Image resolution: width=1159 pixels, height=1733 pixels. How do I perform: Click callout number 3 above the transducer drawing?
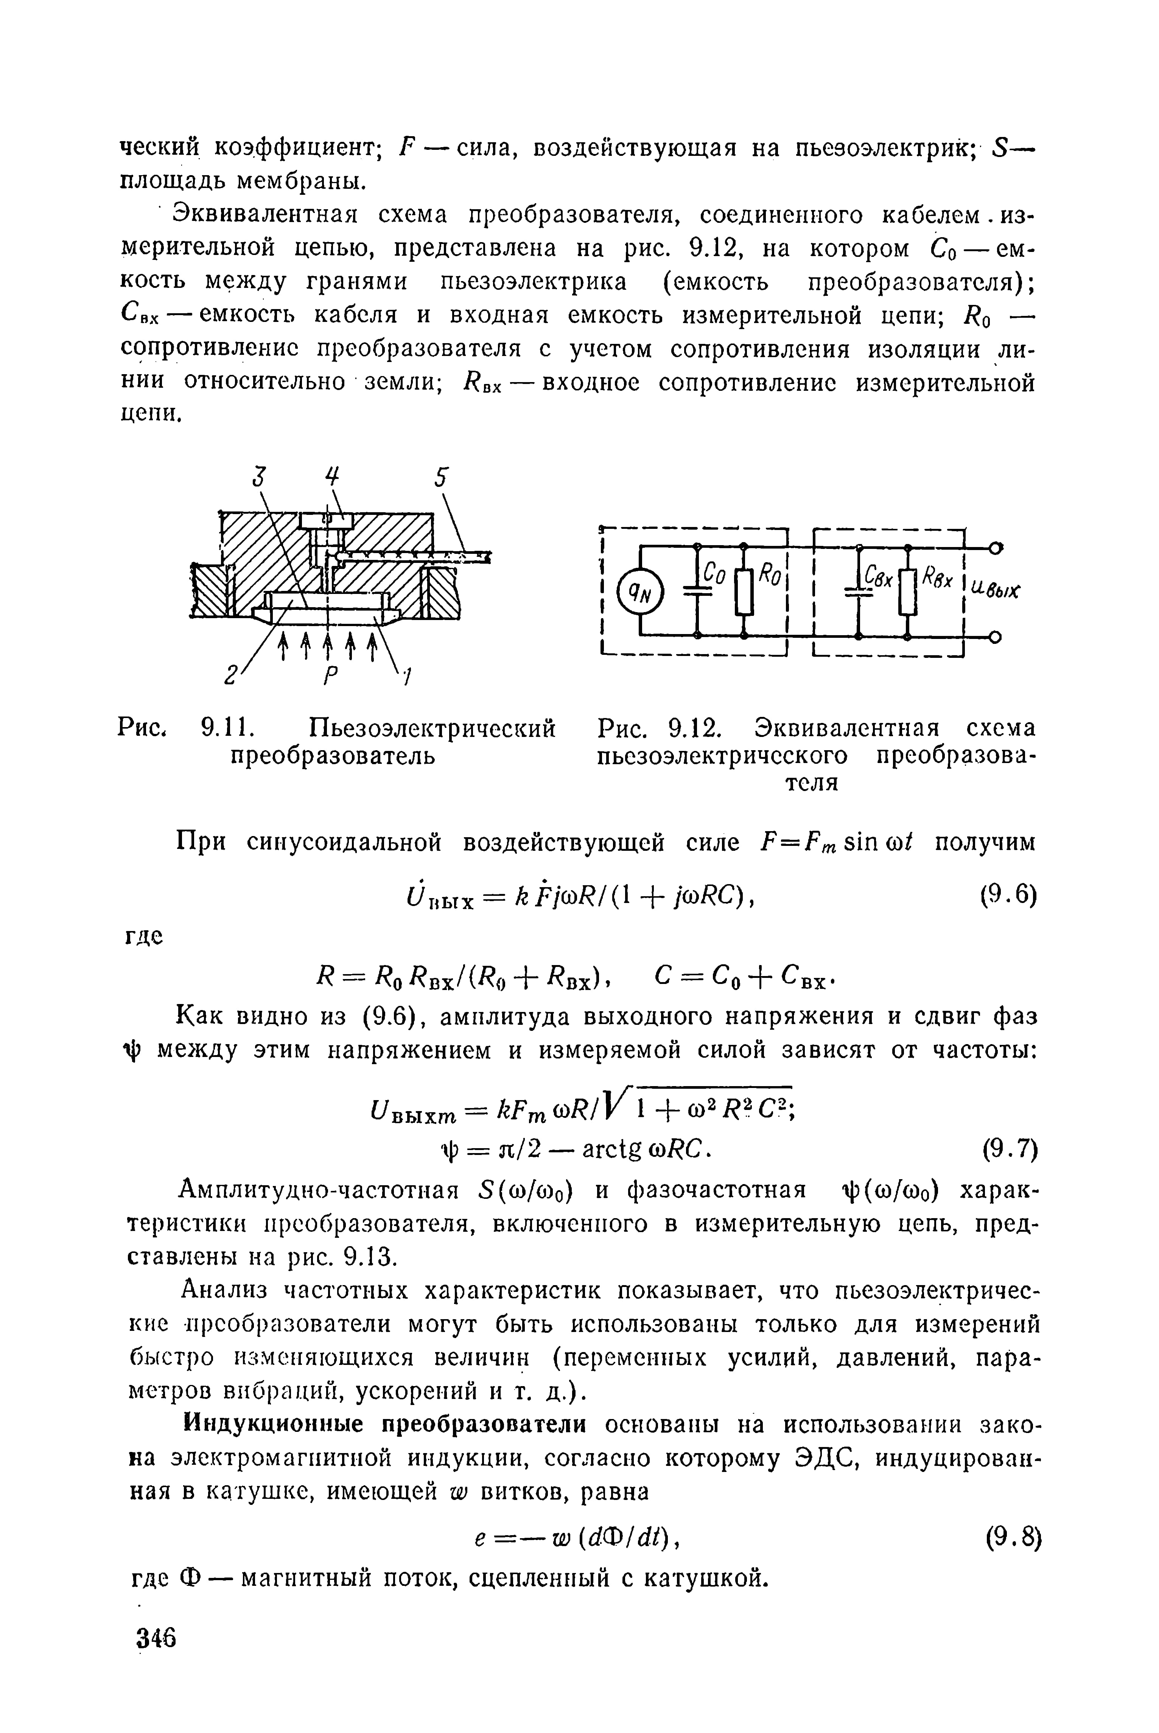click(x=258, y=478)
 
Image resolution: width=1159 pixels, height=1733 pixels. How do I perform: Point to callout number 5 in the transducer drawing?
click(x=441, y=478)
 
